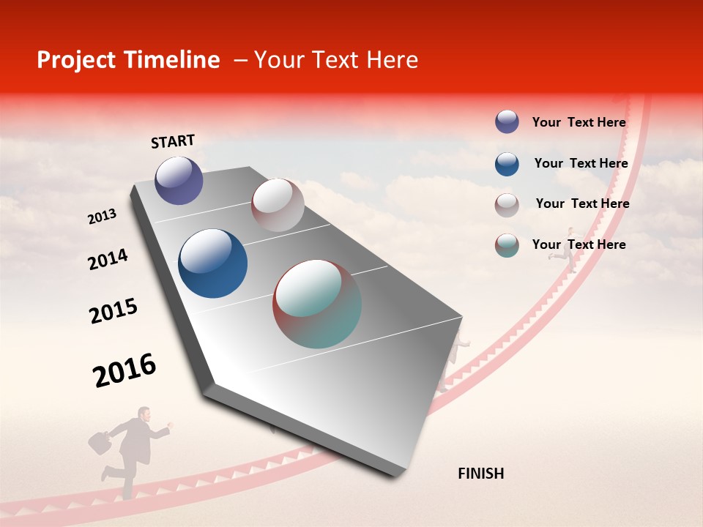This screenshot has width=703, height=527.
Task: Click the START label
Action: pos(173,141)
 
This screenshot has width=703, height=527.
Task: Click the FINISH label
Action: pos(480,474)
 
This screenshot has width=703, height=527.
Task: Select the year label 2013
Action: pos(103,217)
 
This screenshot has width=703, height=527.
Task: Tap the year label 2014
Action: pos(108,260)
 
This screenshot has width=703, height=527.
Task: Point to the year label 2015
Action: pos(114,311)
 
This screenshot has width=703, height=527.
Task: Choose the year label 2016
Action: pos(124,370)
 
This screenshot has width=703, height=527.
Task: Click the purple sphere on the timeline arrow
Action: pos(179,180)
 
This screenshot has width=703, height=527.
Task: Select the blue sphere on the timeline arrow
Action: pos(212,263)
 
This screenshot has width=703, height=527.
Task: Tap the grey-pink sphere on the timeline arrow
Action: pos(278,205)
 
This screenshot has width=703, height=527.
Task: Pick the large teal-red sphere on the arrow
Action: pos(317,304)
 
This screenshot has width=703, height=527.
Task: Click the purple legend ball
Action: pos(507,122)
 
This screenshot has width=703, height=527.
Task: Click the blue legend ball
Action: pos(507,164)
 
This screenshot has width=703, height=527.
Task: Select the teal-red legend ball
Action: pos(507,245)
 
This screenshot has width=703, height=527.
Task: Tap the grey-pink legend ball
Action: pos(507,205)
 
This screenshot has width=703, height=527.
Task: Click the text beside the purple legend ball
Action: pos(579,122)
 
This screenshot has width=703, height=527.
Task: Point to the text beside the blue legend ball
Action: pos(581,163)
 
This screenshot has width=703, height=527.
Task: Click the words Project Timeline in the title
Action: pos(128,60)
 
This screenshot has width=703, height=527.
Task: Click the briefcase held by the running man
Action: pos(100,442)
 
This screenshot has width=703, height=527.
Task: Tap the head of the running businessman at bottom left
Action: pos(144,414)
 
